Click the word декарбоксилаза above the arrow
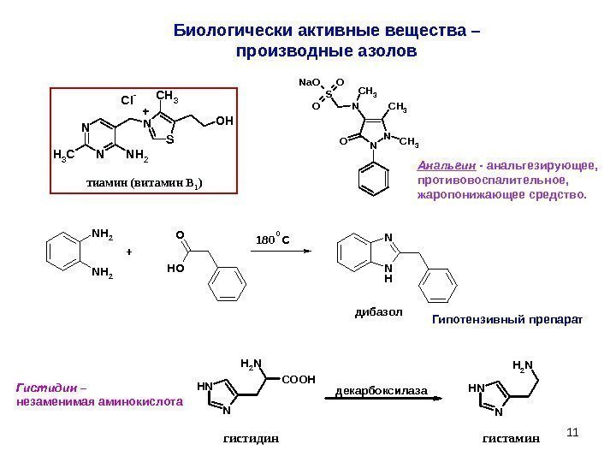[380, 390]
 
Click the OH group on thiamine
[224, 121]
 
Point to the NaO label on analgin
[307, 83]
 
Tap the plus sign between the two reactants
[130, 253]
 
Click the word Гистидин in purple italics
[38, 387]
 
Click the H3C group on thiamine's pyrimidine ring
[62, 156]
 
